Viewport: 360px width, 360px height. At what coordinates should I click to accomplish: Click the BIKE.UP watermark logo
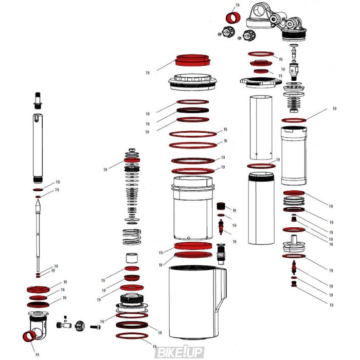point(179,352)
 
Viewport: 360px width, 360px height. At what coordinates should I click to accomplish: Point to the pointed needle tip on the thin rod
point(38,205)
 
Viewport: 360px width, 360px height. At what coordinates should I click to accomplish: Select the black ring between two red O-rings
point(193,111)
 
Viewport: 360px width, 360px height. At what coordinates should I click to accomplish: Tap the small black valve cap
point(222,206)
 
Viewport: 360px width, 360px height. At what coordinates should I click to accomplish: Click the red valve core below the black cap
point(222,225)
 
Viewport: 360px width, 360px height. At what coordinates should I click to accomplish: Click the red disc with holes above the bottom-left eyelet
point(39,289)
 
